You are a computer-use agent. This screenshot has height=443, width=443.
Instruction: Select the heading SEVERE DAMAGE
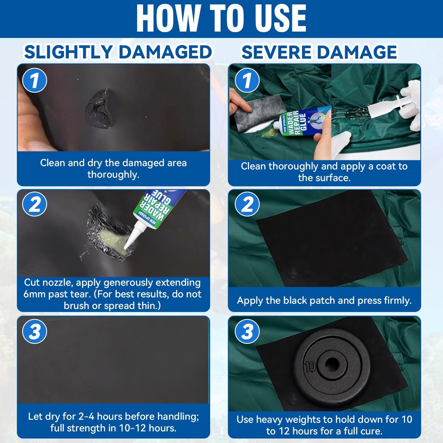click(x=319, y=52)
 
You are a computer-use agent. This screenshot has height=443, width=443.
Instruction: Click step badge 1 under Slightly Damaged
click(x=35, y=80)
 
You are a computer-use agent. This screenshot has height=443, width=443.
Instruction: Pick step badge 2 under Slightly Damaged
click(x=35, y=205)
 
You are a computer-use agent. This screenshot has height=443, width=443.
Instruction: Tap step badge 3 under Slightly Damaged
click(x=35, y=331)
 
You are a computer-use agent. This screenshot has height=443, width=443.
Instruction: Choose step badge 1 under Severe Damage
click(x=247, y=80)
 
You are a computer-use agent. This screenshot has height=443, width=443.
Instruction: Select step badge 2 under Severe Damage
click(x=247, y=205)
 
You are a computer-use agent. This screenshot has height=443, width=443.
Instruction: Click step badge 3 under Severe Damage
click(x=247, y=331)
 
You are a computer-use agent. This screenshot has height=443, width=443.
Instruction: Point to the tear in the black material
click(x=99, y=108)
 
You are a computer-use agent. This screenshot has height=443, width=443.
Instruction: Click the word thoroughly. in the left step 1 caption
click(x=113, y=174)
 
